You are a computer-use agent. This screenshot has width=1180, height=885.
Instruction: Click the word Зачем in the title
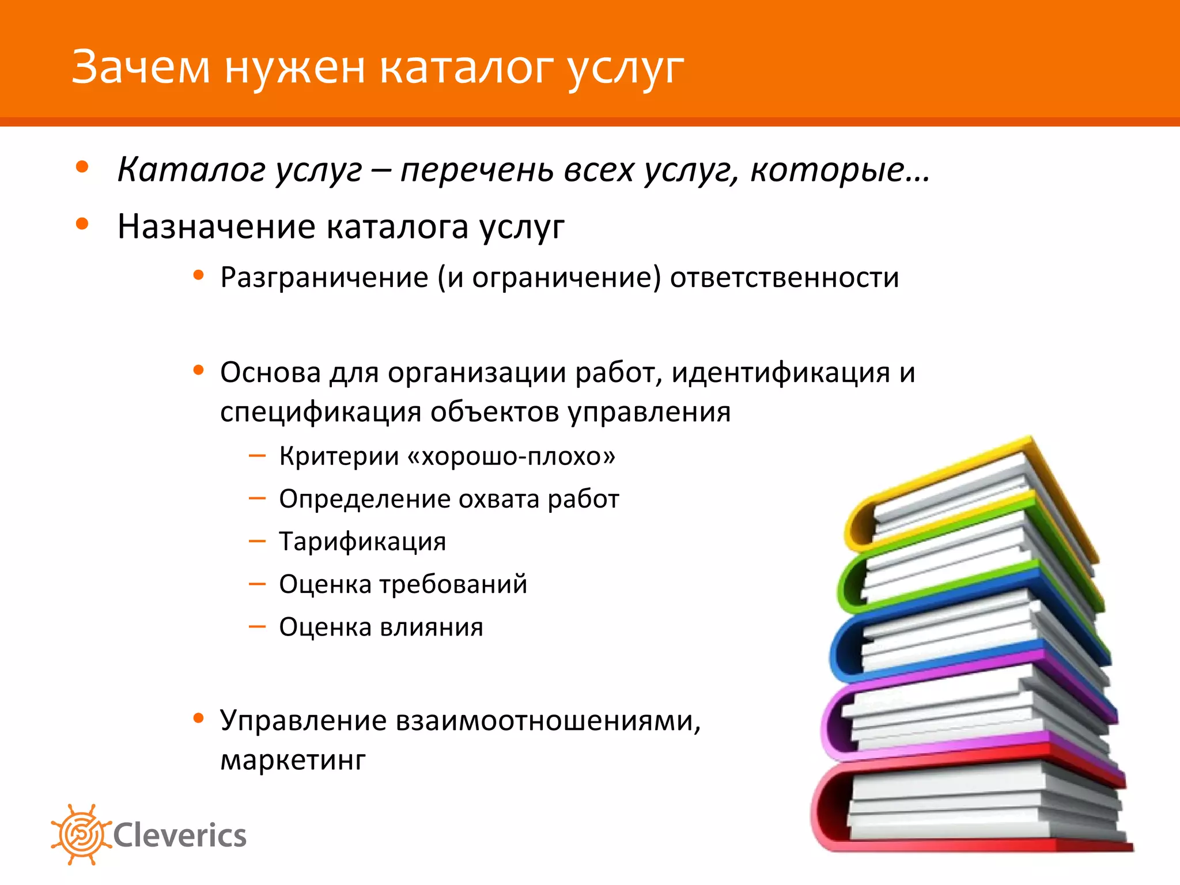tap(141, 68)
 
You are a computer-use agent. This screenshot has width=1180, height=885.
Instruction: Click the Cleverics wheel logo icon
tap(81, 835)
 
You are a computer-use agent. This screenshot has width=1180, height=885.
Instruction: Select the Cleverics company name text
tap(180, 835)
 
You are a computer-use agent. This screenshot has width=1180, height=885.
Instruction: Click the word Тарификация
tap(362, 542)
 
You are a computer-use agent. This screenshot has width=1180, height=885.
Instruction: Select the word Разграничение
tap(324, 278)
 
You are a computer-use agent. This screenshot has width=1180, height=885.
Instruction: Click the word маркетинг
tap(293, 760)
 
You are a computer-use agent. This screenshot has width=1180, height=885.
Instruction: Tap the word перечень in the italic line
tap(476, 170)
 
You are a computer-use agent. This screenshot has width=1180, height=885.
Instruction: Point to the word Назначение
tap(216, 226)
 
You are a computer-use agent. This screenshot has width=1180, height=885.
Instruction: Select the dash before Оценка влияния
tap(257, 626)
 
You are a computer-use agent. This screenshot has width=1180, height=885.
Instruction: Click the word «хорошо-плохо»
tap(511, 456)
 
